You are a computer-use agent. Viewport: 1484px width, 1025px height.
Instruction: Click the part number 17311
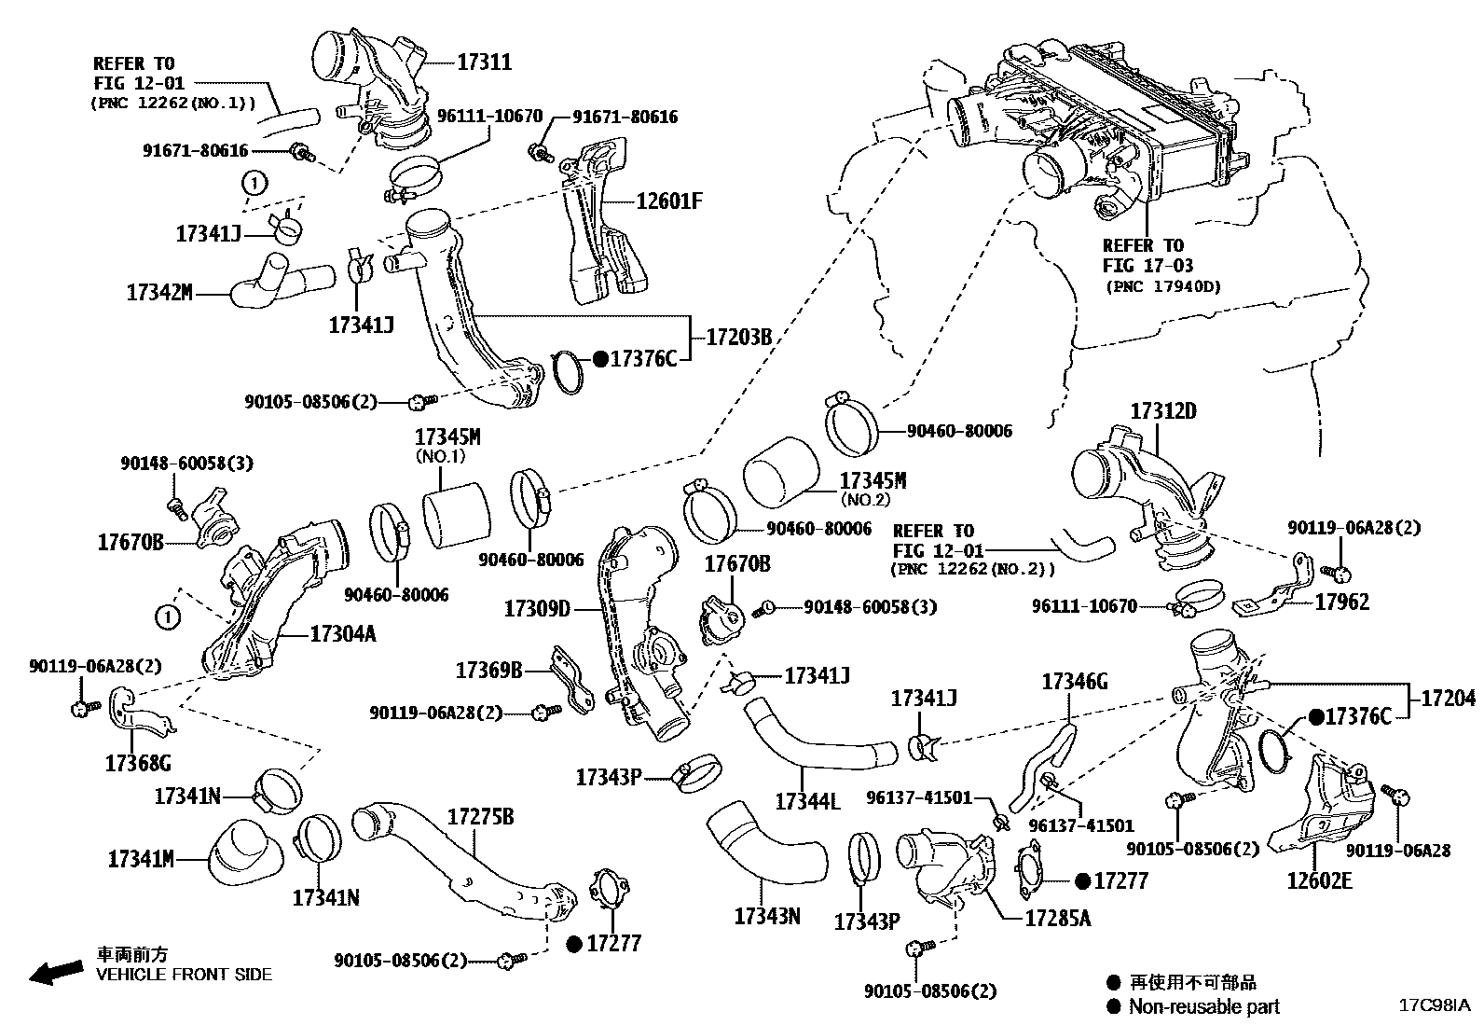(x=484, y=62)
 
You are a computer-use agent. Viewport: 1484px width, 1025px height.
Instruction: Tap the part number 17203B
(x=739, y=338)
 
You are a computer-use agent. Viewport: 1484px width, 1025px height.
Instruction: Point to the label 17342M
(x=159, y=293)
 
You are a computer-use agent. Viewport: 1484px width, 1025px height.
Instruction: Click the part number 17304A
(x=342, y=634)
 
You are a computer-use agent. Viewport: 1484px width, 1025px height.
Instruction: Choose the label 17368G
(x=138, y=764)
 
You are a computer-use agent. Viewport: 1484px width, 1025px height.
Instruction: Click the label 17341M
(x=141, y=859)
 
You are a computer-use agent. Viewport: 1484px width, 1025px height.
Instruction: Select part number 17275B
(x=480, y=816)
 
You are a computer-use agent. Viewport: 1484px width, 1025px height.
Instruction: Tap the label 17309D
(x=537, y=609)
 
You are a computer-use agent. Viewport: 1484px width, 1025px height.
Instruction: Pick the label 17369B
(x=489, y=670)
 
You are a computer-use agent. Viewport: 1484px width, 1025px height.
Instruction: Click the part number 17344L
(x=807, y=800)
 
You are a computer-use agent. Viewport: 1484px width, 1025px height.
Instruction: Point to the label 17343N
(x=767, y=916)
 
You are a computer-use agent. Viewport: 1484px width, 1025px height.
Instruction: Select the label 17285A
(x=1057, y=918)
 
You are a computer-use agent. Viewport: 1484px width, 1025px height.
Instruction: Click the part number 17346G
(x=1074, y=682)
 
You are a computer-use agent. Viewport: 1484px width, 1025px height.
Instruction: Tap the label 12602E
(x=1319, y=880)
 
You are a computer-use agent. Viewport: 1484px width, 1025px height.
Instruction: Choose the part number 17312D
(x=1163, y=410)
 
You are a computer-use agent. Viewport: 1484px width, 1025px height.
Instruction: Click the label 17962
(x=1342, y=603)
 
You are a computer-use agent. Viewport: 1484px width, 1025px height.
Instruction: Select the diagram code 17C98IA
(x=1433, y=1005)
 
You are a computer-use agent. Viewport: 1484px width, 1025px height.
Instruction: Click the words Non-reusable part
(x=1203, y=1006)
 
